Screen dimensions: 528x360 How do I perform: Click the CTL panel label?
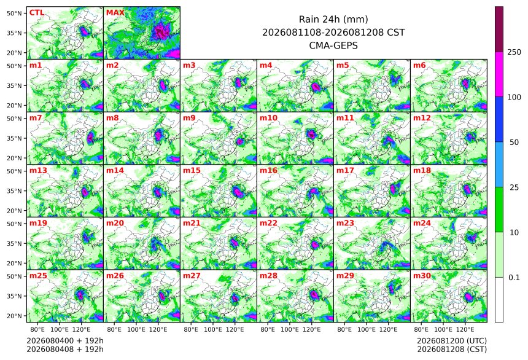(x=37, y=13)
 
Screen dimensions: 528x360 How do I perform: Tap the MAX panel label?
(x=115, y=13)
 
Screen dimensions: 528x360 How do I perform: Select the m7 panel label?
(x=36, y=118)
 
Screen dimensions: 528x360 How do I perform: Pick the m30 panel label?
(x=422, y=276)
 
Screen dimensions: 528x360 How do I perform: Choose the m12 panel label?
(x=422, y=118)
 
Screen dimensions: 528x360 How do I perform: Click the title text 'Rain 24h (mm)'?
(x=333, y=19)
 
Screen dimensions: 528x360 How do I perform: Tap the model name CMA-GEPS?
(x=333, y=45)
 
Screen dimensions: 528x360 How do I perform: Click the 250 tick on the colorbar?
(x=514, y=52)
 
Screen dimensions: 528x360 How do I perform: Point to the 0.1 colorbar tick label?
(x=514, y=278)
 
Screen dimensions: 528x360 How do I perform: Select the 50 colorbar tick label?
(x=514, y=143)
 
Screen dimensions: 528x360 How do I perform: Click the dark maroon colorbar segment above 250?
(x=499, y=29)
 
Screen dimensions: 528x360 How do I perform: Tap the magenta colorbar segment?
(x=499, y=74)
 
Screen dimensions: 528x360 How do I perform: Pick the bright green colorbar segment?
(x=499, y=209)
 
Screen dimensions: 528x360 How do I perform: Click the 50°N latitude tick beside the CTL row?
(x=14, y=13)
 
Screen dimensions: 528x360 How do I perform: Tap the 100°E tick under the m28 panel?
(x=289, y=329)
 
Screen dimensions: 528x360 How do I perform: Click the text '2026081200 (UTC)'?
(x=452, y=341)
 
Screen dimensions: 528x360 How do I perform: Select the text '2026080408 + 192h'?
(x=65, y=350)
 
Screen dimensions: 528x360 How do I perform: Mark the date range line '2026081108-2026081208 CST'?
(x=333, y=33)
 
